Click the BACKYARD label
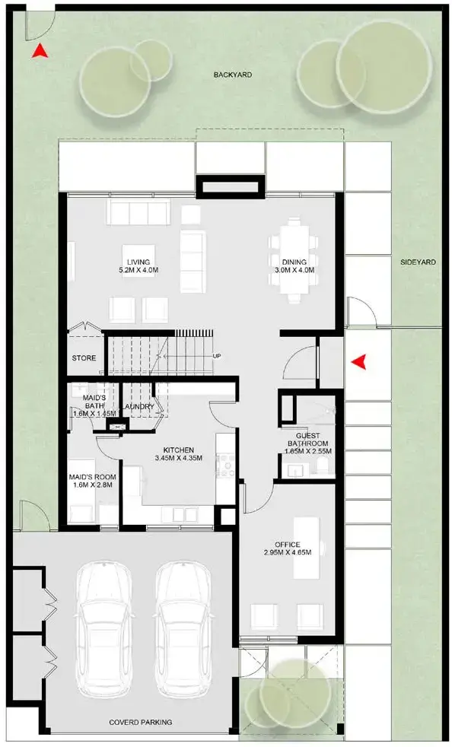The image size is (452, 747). [x=232, y=75]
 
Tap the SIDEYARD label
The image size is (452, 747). [x=419, y=262]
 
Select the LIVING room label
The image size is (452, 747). [x=138, y=260]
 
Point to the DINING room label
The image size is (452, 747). [x=294, y=260]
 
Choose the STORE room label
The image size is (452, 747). [x=83, y=358]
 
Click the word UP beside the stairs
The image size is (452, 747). [x=217, y=356]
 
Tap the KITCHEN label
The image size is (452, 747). [x=178, y=450]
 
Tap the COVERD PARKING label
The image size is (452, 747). [x=140, y=722]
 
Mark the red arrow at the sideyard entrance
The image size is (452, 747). [x=358, y=362]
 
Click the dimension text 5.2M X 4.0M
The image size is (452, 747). [x=138, y=270]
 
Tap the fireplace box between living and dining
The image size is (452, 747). [x=231, y=186]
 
